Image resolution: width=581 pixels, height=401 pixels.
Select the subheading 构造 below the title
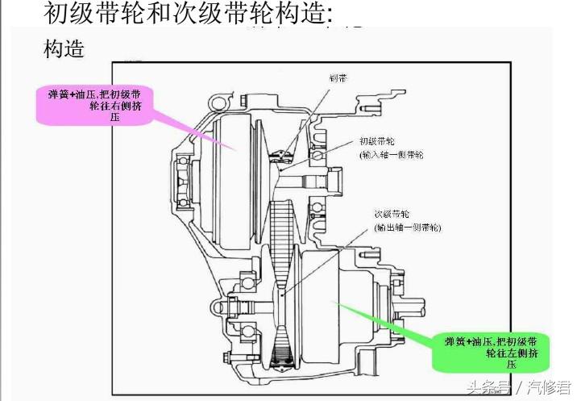[x=64, y=48]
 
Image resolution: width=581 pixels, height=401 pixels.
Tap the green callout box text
[x=490, y=348]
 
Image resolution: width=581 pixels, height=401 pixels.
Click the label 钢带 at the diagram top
[x=338, y=78]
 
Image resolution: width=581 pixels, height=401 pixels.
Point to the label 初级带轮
[x=374, y=140]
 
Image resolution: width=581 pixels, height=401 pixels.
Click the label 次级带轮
[x=391, y=215]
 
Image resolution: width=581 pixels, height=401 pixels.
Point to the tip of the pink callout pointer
[x=236, y=149]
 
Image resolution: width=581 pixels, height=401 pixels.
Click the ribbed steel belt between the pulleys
[x=281, y=226]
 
